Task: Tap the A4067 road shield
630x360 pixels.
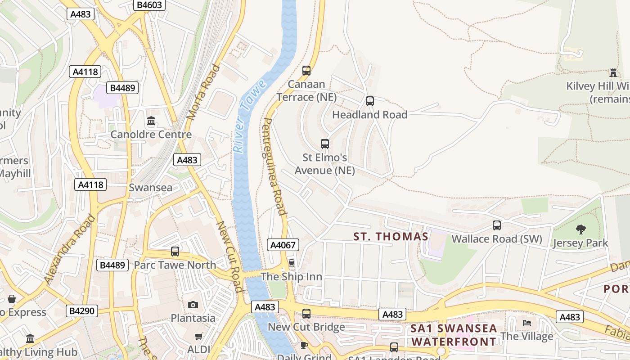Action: pos(283,245)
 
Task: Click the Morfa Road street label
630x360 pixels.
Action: pos(203,92)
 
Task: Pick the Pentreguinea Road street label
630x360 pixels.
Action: pos(274,166)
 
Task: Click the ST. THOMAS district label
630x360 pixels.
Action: pos(391,237)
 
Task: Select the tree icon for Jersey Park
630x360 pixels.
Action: pos(580,229)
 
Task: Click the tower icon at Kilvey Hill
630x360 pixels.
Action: pos(613,72)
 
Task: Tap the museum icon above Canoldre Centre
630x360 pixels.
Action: pos(151,121)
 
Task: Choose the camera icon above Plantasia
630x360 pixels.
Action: pos(193,305)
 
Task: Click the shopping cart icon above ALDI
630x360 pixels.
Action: pos(198,336)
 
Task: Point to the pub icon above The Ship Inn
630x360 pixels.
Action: pos(291,263)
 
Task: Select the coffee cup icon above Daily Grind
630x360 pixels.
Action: pos(304,345)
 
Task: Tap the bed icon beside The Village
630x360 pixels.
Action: pos(526,323)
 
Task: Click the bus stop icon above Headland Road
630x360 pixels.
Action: pos(370,101)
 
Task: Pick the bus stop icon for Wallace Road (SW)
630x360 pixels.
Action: pos(497,225)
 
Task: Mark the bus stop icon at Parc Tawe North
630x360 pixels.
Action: pos(175,252)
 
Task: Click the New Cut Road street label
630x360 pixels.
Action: pos(230,256)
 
